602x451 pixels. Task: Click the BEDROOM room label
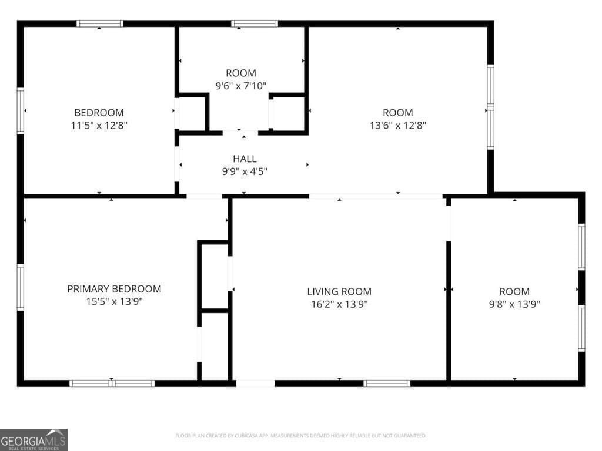click(x=99, y=113)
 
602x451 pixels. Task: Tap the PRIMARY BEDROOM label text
click(x=115, y=289)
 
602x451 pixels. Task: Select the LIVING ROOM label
click(x=339, y=291)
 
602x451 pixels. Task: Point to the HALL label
click(x=245, y=159)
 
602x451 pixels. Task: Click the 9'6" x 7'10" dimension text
click(x=241, y=86)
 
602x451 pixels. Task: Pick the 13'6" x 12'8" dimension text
click(x=398, y=126)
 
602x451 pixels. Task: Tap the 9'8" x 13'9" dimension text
click(x=514, y=304)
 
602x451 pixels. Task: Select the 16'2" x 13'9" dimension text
click(x=339, y=304)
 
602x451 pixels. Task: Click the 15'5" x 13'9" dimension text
click(x=115, y=301)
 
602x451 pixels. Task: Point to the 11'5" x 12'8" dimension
click(x=99, y=126)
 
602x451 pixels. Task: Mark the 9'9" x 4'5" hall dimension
click(x=245, y=171)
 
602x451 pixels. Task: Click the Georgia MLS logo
click(x=34, y=440)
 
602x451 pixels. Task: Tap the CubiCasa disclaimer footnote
click(x=300, y=436)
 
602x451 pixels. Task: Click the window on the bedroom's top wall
click(x=100, y=23)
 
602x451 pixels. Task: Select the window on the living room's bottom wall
click(x=387, y=383)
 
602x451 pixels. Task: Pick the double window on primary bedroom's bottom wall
click(x=112, y=383)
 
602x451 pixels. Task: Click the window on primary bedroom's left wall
click(x=21, y=287)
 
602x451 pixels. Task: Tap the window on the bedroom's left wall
click(x=21, y=111)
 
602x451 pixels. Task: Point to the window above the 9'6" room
click(x=255, y=23)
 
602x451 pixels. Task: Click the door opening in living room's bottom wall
click(x=255, y=383)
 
